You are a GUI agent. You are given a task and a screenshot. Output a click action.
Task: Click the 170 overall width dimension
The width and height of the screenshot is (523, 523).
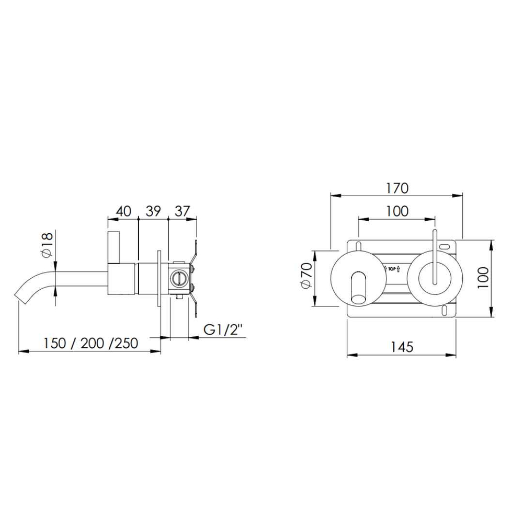pos(397,188)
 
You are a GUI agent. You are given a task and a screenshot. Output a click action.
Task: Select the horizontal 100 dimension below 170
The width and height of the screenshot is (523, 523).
pos(397,211)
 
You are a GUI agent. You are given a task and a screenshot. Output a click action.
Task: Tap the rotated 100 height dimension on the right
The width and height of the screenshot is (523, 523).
pos(483,278)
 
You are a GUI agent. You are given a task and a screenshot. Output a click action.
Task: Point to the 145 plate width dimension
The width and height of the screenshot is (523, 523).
pos(402,347)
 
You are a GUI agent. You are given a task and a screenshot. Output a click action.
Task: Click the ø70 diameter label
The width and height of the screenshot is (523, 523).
pos(306,275)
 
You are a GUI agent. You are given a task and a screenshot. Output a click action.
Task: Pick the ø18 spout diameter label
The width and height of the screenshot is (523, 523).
pos(47,245)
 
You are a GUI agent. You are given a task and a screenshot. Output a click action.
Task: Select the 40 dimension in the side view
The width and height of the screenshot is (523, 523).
pos(123,211)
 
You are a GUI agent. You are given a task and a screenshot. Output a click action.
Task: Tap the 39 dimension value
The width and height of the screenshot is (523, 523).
pos(153,211)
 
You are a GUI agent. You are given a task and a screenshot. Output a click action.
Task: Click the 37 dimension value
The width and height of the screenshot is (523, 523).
pos(182,211)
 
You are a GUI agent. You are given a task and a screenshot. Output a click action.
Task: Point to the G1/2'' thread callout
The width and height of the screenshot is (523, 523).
pos(223,330)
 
